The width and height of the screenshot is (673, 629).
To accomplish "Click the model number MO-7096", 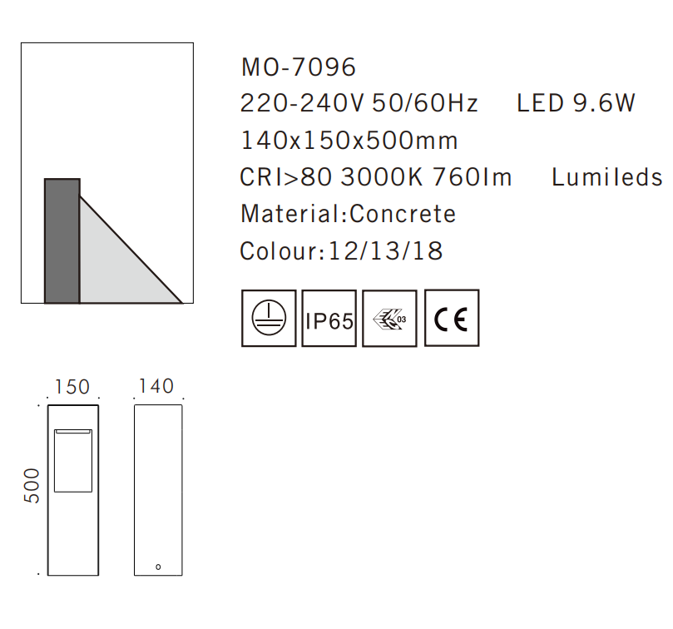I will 298,67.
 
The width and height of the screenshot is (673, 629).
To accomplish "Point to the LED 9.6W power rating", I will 576,104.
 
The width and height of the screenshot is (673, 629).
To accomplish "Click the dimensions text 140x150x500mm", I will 349,141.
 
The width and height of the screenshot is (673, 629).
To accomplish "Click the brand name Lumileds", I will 607,177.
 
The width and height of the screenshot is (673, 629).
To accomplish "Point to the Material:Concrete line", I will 348,214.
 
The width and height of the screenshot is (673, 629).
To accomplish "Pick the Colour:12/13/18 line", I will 341,250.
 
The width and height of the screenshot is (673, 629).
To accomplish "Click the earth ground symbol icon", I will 269,318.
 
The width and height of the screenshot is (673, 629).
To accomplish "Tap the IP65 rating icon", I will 329,318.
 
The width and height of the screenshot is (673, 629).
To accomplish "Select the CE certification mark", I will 452,318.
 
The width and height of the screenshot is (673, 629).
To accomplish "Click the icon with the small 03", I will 390,318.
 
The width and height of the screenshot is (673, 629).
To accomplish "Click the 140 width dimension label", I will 156,386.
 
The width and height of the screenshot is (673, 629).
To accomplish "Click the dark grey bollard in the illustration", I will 62,240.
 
